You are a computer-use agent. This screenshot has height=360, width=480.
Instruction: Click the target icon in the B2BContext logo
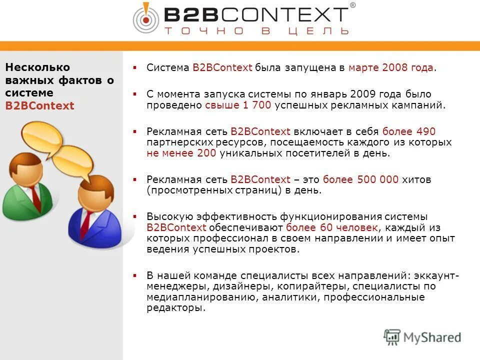(145, 18)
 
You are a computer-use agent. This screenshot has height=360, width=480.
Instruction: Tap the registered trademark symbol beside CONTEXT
(352, 6)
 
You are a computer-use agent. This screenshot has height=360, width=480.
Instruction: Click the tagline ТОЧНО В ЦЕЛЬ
(255, 31)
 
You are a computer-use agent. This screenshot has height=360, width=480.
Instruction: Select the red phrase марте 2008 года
(391, 67)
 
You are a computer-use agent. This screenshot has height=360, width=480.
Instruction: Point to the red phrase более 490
(408, 131)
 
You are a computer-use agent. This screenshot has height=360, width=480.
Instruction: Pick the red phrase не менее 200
(181, 153)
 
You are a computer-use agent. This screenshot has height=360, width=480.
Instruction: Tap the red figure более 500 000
(360, 179)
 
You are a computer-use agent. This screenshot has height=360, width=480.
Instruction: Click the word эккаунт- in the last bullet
(434, 275)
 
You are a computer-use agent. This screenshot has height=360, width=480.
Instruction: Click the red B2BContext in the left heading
(39, 106)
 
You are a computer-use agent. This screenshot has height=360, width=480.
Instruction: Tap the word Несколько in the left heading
(37, 67)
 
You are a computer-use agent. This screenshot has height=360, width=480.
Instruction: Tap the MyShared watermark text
(432, 337)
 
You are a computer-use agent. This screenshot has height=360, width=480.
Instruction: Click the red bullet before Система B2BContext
(134, 67)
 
